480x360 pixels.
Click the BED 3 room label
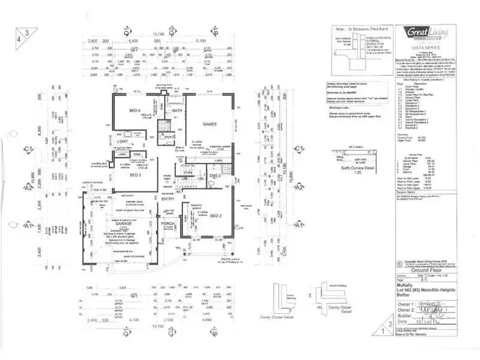(135, 174)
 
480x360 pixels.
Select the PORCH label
(168, 224)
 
